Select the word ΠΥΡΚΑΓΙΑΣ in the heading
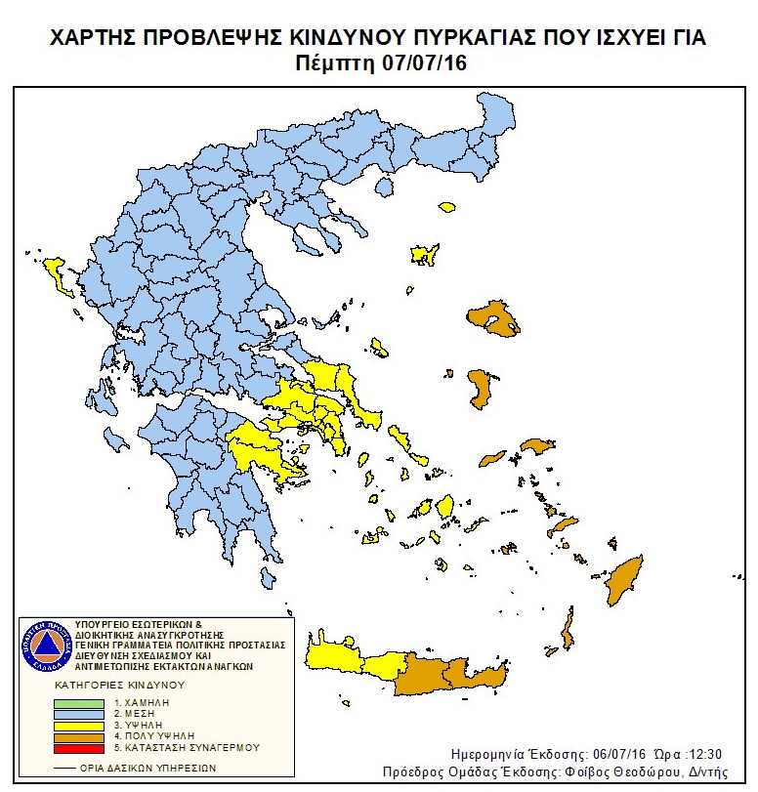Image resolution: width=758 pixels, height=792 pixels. pos(456,38)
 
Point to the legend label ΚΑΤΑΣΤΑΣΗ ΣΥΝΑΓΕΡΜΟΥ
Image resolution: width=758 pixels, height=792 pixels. pos(192,747)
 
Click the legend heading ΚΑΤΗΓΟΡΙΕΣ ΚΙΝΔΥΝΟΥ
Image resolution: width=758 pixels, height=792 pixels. pos(119,686)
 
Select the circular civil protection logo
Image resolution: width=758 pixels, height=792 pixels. pos(41,644)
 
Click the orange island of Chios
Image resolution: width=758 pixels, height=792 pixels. pos(480,389)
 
